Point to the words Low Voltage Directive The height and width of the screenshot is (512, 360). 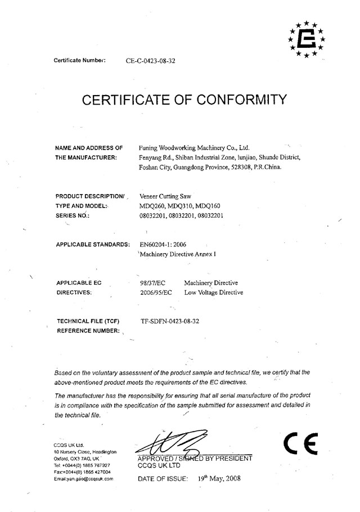coord(214,293)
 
